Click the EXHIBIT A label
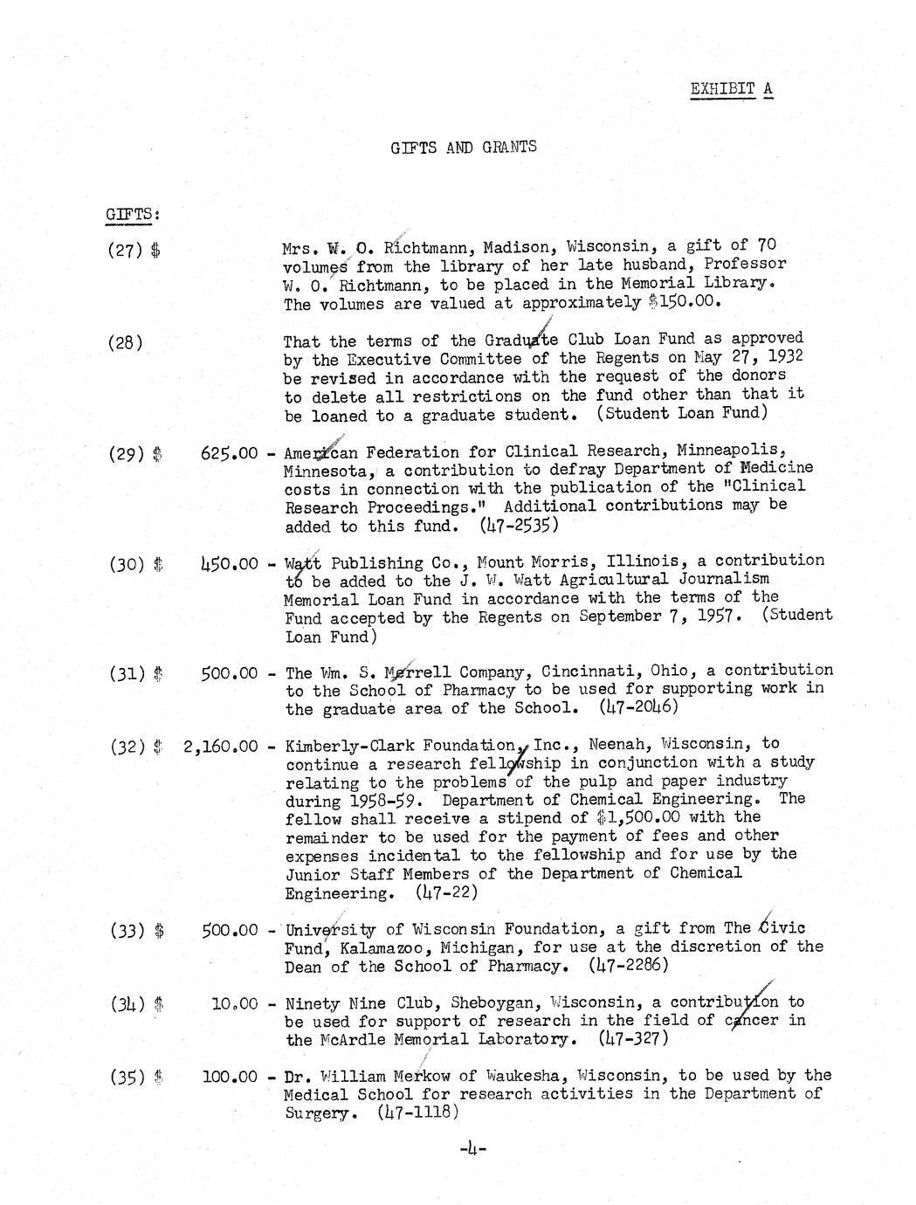tap(731, 89)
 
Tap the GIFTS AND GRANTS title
tap(464, 147)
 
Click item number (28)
tap(125, 342)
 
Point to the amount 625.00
tap(229, 453)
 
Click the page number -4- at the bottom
tap(472, 1149)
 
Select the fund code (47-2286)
tap(629, 966)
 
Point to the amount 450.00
tap(229, 563)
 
